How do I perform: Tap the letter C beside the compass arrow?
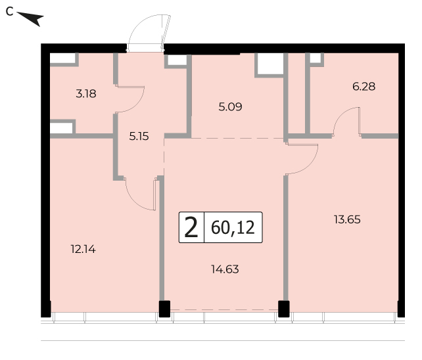(x=9, y=12)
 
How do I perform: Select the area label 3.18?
(x=86, y=94)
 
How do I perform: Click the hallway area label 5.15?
(x=139, y=137)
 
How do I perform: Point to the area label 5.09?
(x=230, y=107)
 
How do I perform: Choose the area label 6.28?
(x=364, y=87)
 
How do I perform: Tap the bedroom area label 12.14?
(x=83, y=250)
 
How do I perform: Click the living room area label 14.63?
(x=225, y=269)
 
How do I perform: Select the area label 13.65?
(x=347, y=219)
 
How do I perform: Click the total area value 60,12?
(x=233, y=227)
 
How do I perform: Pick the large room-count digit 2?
(x=191, y=227)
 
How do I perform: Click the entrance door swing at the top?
(x=149, y=32)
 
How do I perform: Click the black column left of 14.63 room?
(x=164, y=309)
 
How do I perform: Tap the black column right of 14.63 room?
(x=284, y=309)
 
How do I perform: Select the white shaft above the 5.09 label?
(x=270, y=64)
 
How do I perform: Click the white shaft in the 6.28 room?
(x=316, y=58)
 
